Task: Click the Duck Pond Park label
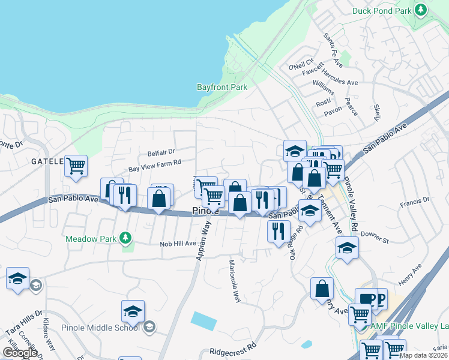(x=382, y=11)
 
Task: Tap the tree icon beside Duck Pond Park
(x=421, y=10)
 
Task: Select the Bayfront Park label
(x=222, y=87)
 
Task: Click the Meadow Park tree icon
(x=125, y=238)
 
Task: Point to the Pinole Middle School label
(x=100, y=328)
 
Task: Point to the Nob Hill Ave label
(x=178, y=244)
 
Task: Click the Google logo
(x=20, y=353)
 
